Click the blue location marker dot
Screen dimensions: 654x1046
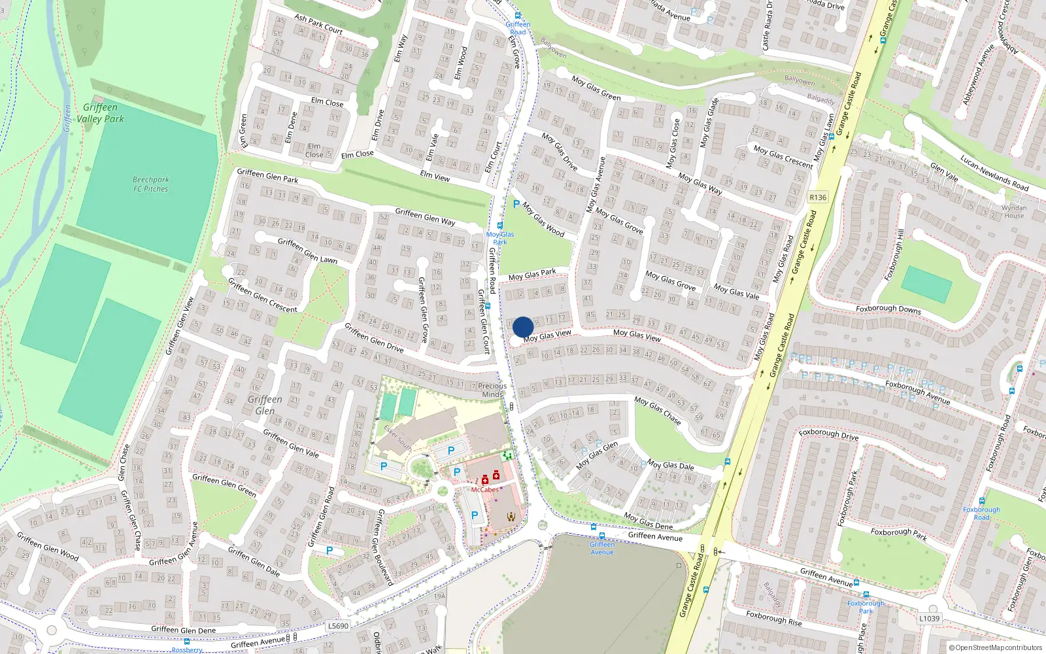tap(523, 327)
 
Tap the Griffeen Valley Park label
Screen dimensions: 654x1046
tap(100, 113)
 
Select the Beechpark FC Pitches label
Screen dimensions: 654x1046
tap(151, 184)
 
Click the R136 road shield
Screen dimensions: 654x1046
tap(818, 197)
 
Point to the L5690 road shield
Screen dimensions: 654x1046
tap(338, 626)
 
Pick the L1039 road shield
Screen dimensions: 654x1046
tap(929, 618)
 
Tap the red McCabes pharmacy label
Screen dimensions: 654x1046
tap(484, 489)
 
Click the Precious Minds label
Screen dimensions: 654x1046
tap(492, 390)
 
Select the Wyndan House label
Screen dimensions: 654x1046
tap(1014, 212)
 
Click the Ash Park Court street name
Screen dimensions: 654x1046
tap(318, 24)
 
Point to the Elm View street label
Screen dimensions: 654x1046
tap(435, 175)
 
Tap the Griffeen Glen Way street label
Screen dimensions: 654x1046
tap(425, 216)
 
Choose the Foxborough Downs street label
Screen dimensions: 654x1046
tap(888, 309)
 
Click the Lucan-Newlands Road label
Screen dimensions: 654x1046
tap(994, 173)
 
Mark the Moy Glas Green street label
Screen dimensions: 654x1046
tap(596, 88)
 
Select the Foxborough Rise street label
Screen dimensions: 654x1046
tap(774, 618)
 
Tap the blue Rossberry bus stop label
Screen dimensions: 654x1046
tap(187, 650)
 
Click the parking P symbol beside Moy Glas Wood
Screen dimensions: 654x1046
tap(516, 205)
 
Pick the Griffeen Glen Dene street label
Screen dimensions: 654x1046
tap(183, 630)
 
